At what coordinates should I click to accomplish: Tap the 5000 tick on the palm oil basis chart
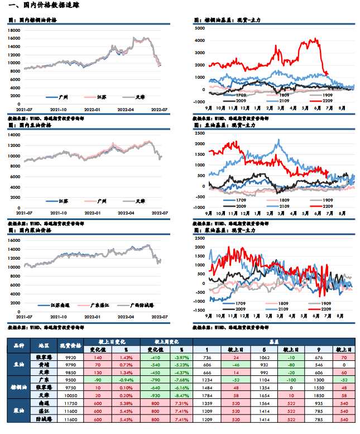point(199,28)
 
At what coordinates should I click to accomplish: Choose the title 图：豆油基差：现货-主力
point(227,126)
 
